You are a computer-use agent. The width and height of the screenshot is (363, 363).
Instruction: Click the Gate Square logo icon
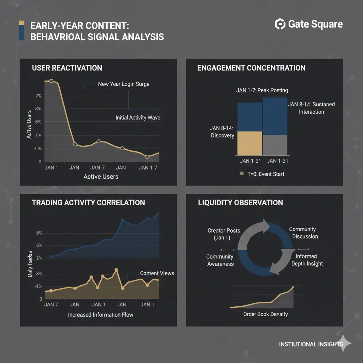tap(280, 24)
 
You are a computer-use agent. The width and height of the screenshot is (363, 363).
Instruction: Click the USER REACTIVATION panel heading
tap(67, 68)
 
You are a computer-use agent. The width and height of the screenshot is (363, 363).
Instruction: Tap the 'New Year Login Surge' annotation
tap(123, 84)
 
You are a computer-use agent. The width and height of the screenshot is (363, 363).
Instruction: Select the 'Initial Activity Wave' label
tap(138, 118)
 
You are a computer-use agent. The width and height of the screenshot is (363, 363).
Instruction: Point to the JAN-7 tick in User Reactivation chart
tap(98, 168)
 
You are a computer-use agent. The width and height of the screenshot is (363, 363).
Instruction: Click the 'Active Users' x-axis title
tap(101, 177)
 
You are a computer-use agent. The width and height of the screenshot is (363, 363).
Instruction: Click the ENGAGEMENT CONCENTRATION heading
tap(251, 68)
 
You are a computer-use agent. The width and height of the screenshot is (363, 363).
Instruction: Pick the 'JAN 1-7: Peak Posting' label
tap(262, 90)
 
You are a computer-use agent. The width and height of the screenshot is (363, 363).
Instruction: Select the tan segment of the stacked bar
tap(250, 143)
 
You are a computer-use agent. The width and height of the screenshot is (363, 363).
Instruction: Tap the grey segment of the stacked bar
tap(275, 145)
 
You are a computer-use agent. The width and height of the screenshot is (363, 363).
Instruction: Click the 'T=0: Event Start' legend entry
tap(262, 174)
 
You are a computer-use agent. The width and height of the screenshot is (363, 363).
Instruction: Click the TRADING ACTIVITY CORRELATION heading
tap(88, 203)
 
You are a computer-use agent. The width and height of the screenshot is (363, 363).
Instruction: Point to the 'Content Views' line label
tap(157, 273)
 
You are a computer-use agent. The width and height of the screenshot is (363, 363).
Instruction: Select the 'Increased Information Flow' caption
tap(101, 314)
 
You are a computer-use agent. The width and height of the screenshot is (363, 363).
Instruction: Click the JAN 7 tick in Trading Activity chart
tap(51, 305)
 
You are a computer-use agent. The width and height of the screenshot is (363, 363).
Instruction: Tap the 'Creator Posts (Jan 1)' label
tap(224, 234)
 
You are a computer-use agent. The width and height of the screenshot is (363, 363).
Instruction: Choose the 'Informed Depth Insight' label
tap(307, 260)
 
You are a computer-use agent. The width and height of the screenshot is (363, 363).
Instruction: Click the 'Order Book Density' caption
tap(266, 314)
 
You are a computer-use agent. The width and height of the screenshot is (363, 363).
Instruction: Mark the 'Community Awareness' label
tap(220, 260)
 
